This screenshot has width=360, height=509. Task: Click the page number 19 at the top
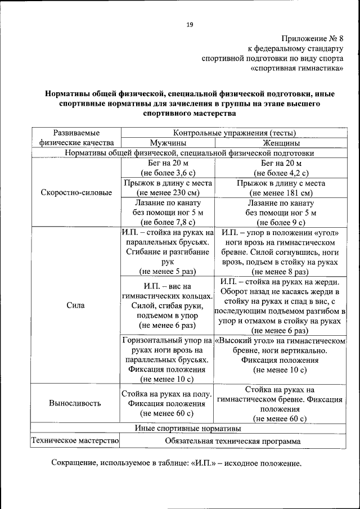(x=190, y=24)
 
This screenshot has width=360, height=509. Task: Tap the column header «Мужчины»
(x=168, y=143)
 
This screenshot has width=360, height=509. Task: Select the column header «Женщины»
(x=281, y=143)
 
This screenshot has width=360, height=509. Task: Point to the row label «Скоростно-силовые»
(x=76, y=192)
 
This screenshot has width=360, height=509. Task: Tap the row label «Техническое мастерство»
(x=75, y=441)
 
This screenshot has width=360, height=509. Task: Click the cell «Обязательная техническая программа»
(x=233, y=442)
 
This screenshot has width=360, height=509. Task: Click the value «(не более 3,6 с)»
(x=168, y=173)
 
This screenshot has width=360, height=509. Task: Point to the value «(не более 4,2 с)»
(x=281, y=173)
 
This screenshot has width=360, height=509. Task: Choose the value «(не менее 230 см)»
(x=168, y=193)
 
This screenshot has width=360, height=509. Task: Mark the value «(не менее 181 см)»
(x=281, y=193)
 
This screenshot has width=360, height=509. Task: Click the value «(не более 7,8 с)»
(x=168, y=222)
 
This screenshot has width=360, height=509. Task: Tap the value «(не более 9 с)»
(x=281, y=222)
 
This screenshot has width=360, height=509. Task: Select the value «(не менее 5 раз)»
(x=168, y=271)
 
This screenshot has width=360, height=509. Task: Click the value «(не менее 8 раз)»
(x=281, y=271)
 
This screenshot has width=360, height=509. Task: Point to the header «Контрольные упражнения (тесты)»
(x=235, y=133)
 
